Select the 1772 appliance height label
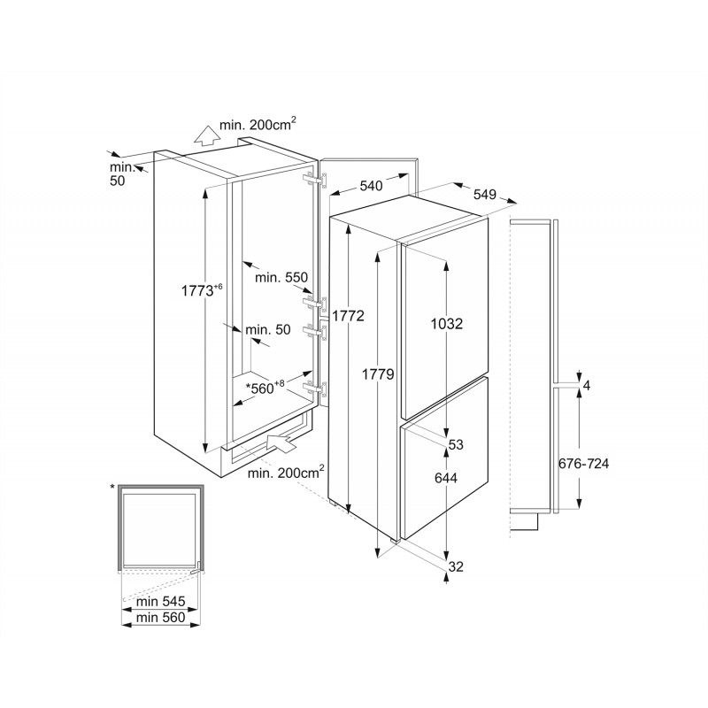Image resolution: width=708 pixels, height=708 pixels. click(348, 316)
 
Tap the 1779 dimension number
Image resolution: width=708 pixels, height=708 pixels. click(379, 373)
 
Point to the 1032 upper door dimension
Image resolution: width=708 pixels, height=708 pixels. click(447, 323)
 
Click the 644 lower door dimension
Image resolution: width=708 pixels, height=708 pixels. click(446, 477)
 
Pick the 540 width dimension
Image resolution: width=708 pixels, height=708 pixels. click(371, 186)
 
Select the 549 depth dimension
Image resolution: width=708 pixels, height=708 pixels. click(484, 194)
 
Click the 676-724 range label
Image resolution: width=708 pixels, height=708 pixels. click(583, 463)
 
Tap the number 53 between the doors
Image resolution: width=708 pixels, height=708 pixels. click(456, 444)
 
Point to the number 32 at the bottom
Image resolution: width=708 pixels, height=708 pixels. click(456, 566)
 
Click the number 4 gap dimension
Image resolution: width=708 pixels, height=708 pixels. click(587, 385)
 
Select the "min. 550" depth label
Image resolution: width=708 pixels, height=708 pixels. click(281, 277)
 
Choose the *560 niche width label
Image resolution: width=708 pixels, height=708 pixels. click(265, 388)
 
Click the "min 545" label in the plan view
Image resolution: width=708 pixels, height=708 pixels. click(161, 602)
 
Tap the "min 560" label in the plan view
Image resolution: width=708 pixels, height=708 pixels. click(161, 617)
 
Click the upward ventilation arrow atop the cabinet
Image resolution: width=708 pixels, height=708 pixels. click(206, 135)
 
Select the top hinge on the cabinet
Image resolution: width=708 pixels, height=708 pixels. click(317, 179)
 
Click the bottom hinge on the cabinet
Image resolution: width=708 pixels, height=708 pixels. click(316, 389)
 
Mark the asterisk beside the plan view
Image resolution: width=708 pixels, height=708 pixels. click(112, 487)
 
